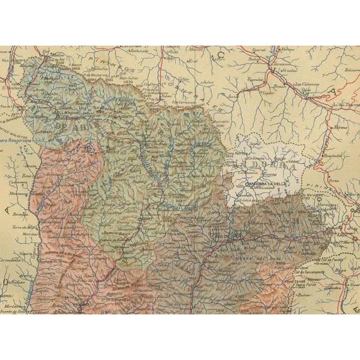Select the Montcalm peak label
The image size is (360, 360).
(x=223, y=121)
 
